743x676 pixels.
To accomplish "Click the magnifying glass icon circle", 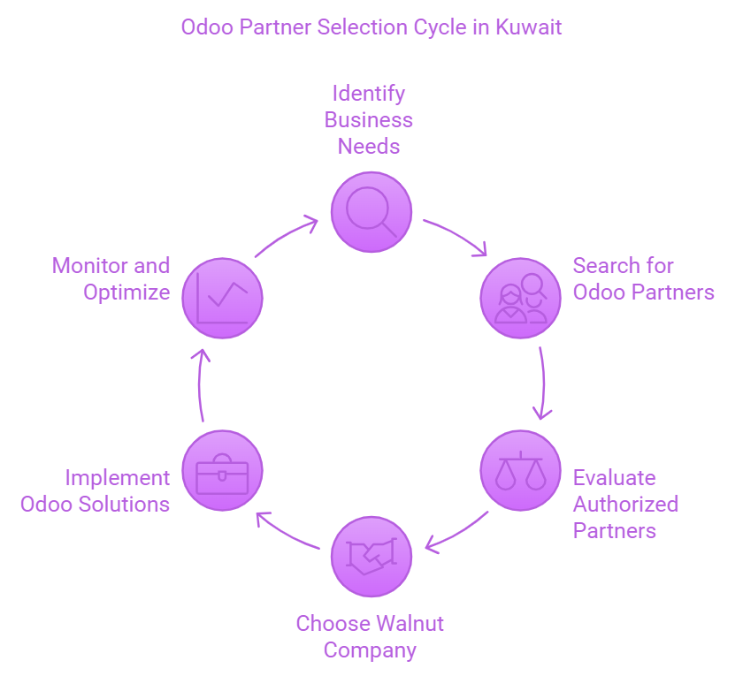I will pyautogui.click(x=371, y=212).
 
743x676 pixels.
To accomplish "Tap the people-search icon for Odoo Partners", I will pyautogui.click(x=520, y=297).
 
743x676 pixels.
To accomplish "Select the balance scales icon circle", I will pyautogui.click(x=520, y=470).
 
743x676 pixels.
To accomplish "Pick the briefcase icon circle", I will pyautogui.click(x=221, y=470).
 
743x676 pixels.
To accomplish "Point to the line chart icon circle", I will pyautogui.click(x=221, y=297).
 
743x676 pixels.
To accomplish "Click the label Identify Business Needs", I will pyautogui.click(x=369, y=119).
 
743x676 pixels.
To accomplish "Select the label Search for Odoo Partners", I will pyautogui.click(x=643, y=279).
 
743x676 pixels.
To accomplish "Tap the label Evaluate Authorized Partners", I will pyautogui.click(x=625, y=504).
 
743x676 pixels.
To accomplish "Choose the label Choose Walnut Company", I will pyautogui.click(x=370, y=637).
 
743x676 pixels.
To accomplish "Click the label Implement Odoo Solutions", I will pyautogui.click(x=96, y=491).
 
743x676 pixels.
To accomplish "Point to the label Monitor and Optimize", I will pyautogui.click(x=111, y=279).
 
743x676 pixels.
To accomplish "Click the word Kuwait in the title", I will pyautogui.click(x=528, y=27).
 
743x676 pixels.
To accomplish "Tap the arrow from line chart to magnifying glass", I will pyautogui.click(x=286, y=236).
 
